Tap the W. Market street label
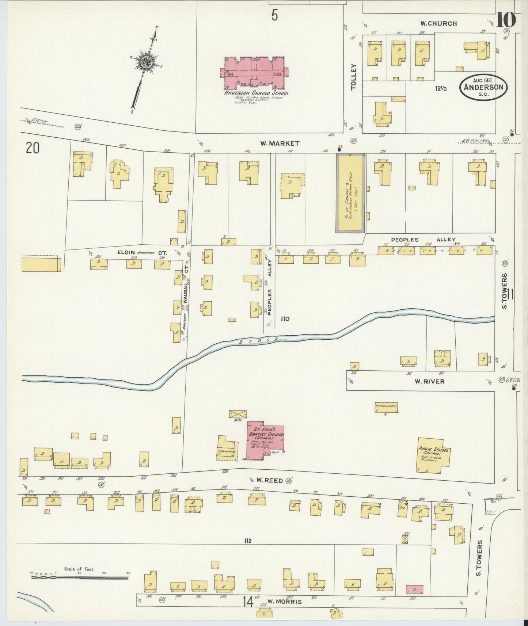click(x=280, y=144)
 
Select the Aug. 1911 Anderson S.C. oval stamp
click(x=483, y=88)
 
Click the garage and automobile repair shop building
click(x=350, y=193)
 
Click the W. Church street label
click(x=438, y=24)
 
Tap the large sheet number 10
click(x=505, y=20)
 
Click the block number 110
click(x=285, y=318)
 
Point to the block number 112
click(x=248, y=541)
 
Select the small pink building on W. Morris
click(x=414, y=589)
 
